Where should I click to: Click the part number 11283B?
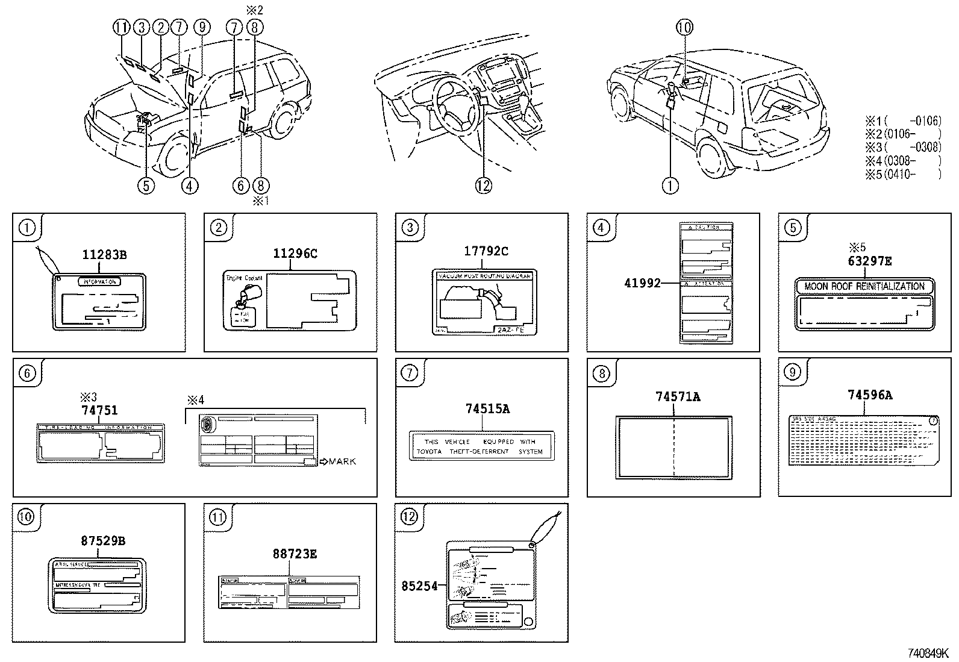[x=104, y=255]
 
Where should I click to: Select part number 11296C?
[x=295, y=254]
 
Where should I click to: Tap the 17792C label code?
[x=486, y=251]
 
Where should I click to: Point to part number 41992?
[x=642, y=282]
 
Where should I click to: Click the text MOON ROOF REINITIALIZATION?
[x=864, y=287]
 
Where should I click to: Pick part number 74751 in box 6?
[x=99, y=410]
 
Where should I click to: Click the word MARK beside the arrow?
[x=342, y=461]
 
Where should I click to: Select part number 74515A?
[x=487, y=409]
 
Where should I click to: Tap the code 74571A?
[x=678, y=396]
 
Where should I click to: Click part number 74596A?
[x=869, y=395]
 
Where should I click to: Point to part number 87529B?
[x=103, y=541]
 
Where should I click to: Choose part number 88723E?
[x=295, y=554]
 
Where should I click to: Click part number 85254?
[x=419, y=585]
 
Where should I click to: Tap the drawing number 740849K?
[x=928, y=653]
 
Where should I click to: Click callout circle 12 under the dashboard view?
[x=484, y=186]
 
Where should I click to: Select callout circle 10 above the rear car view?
[x=684, y=27]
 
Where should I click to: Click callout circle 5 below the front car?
[x=146, y=186]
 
